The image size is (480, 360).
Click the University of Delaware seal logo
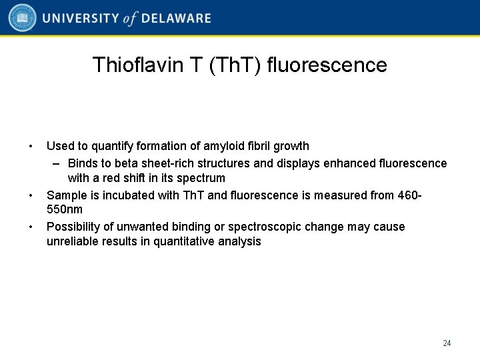coord(23,18)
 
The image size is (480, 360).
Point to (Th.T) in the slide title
coord(235,65)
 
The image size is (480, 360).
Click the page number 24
coord(447,343)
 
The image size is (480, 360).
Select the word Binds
coord(83,163)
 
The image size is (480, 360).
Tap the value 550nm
coord(65,209)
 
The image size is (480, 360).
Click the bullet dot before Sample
coord(31,195)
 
